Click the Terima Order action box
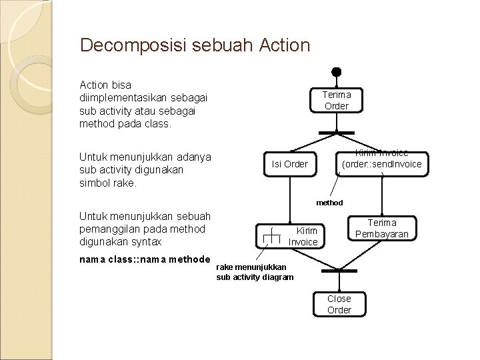pos(337,100)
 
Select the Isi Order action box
pos(290,163)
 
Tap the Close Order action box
pos(339,304)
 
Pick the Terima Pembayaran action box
pos(381,228)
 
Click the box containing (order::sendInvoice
pos(381,163)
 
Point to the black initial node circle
pos(337,71)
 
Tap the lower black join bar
pos(339,271)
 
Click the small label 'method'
pos(329,203)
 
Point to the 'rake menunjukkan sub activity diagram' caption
pos(254,272)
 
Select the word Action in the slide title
pos(283,45)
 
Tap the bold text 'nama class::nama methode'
pos(145,259)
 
